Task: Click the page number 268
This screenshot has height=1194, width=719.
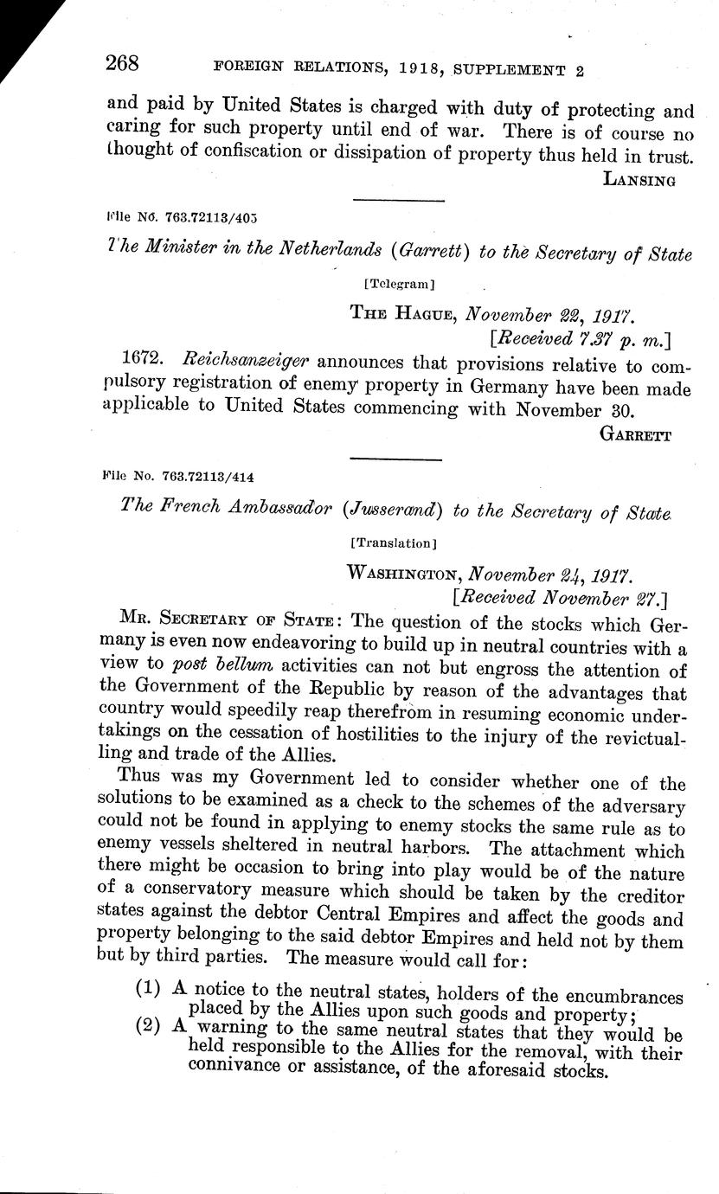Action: pyautogui.click(x=123, y=64)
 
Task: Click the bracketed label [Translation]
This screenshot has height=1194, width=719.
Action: pyautogui.click(x=394, y=543)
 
